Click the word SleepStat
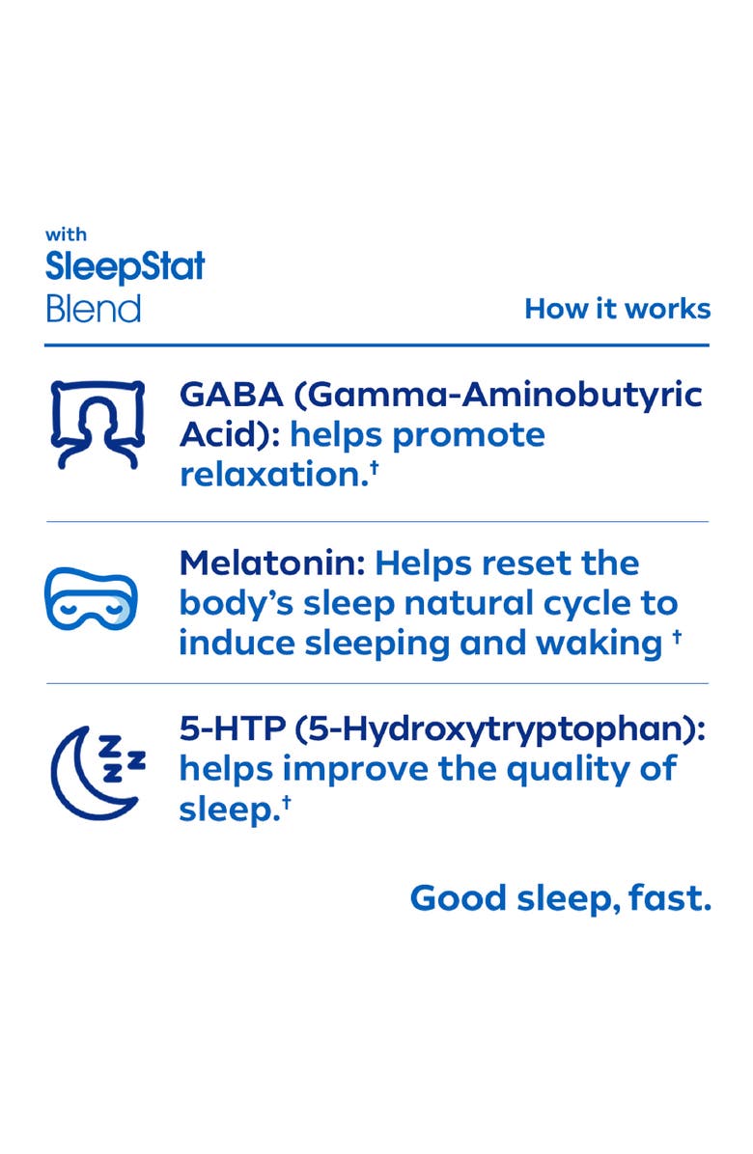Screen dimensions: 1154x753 125,266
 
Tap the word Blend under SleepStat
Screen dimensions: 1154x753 93,309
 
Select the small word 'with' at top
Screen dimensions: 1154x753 66,234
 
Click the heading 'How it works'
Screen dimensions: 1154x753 617,309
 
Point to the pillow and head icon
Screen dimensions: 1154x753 92,425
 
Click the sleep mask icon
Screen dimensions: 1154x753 92,598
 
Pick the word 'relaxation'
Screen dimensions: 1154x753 267,475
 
